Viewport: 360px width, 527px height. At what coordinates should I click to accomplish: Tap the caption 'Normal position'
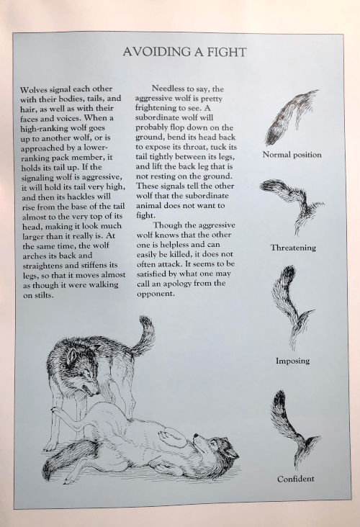[292, 155]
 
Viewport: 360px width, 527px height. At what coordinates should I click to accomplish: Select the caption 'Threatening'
[294, 248]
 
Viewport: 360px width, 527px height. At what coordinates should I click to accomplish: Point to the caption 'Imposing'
[293, 361]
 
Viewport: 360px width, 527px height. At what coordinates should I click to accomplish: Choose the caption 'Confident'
[296, 479]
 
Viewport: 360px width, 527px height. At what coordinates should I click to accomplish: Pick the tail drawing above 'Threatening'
[292, 207]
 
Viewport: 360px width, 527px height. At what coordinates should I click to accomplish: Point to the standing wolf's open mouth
[90, 390]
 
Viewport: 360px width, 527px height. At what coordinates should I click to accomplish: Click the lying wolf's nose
[196, 436]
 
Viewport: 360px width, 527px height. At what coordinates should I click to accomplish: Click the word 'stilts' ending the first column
[43, 296]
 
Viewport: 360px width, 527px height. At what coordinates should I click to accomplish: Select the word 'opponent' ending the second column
[156, 294]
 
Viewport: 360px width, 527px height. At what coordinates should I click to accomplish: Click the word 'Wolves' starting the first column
[33, 89]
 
